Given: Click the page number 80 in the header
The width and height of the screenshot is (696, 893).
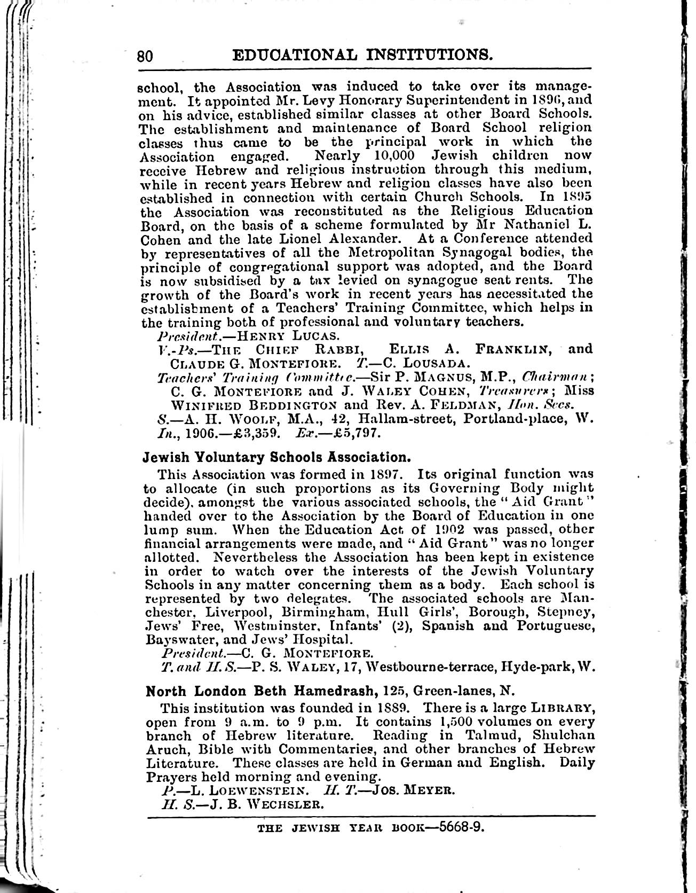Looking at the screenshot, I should pos(146,56).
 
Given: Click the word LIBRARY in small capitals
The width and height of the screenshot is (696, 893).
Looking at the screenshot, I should pos(560,708).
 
